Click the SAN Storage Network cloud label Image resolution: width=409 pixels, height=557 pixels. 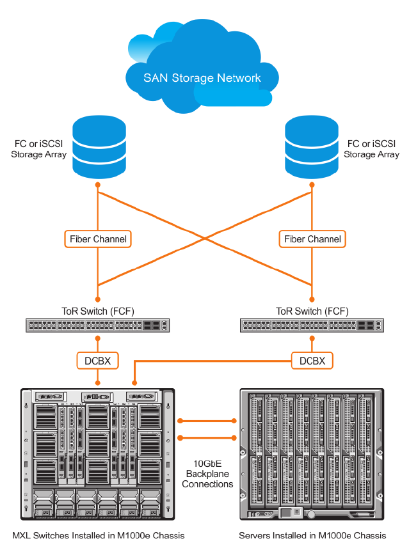coord(202,78)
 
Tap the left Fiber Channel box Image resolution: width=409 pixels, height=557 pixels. coord(98,239)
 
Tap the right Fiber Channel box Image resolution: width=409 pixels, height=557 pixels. coord(312,239)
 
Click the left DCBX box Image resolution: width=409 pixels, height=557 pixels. coord(98,361)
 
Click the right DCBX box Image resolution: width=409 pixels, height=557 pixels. coord(312,361)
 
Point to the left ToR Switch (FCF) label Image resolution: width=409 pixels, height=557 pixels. coord(98,311)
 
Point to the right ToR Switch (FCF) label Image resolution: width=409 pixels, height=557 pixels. coord(312,311)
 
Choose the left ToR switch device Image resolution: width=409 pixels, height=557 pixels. coord(98,326)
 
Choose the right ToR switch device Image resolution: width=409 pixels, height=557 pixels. coord(312,326)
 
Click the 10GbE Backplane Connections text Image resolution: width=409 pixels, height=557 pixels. coord(207,474)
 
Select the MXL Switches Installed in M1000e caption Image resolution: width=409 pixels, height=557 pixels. coord(99,535)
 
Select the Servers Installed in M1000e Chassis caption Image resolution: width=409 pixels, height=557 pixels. coord(312,535)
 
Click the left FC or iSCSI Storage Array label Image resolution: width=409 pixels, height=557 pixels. coord(39,149)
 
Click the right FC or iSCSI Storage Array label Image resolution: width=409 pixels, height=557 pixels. coord(371,149)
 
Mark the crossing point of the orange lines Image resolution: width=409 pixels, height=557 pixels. coord(205,238)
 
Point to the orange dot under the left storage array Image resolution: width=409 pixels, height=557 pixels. coord(98,185)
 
